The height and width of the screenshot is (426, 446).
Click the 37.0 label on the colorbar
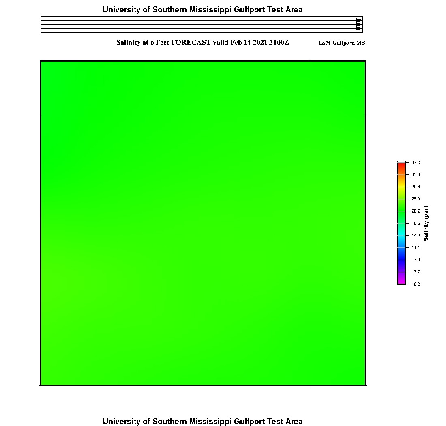pyautogui.click(x=416, y=162)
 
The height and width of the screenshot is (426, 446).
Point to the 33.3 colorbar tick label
pyautogui.click(x=416, y=174)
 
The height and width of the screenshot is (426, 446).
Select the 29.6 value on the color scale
pyautogui.click(x=416, y=187)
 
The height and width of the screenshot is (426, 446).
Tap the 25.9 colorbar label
pyautogui.click(x=416, y=199)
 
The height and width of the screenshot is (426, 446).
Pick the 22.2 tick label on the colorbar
pyautogui.click(x=416, y=211)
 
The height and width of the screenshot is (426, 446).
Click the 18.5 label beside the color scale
pyautogui.click(x=416, y=223)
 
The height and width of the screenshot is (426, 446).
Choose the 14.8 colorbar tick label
pyautogui.click(x=416, y=235)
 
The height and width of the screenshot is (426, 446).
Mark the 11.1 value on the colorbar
pyautogui.click(x=416, y=247)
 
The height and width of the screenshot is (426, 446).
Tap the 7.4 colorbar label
pyautogui.click(x=417, y=260)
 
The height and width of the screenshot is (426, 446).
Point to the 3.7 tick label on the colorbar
pyautogui.click(x=417, y=272)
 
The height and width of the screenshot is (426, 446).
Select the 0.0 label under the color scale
pyautogui.click(x=417, y=284)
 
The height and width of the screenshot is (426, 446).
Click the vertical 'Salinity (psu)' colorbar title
pyautogui.click(x=426, y=223)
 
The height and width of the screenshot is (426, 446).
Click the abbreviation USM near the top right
pyautogui.click(x=325, y=43)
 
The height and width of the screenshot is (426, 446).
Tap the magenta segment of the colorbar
pyautogui.click(x=401, y=279)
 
